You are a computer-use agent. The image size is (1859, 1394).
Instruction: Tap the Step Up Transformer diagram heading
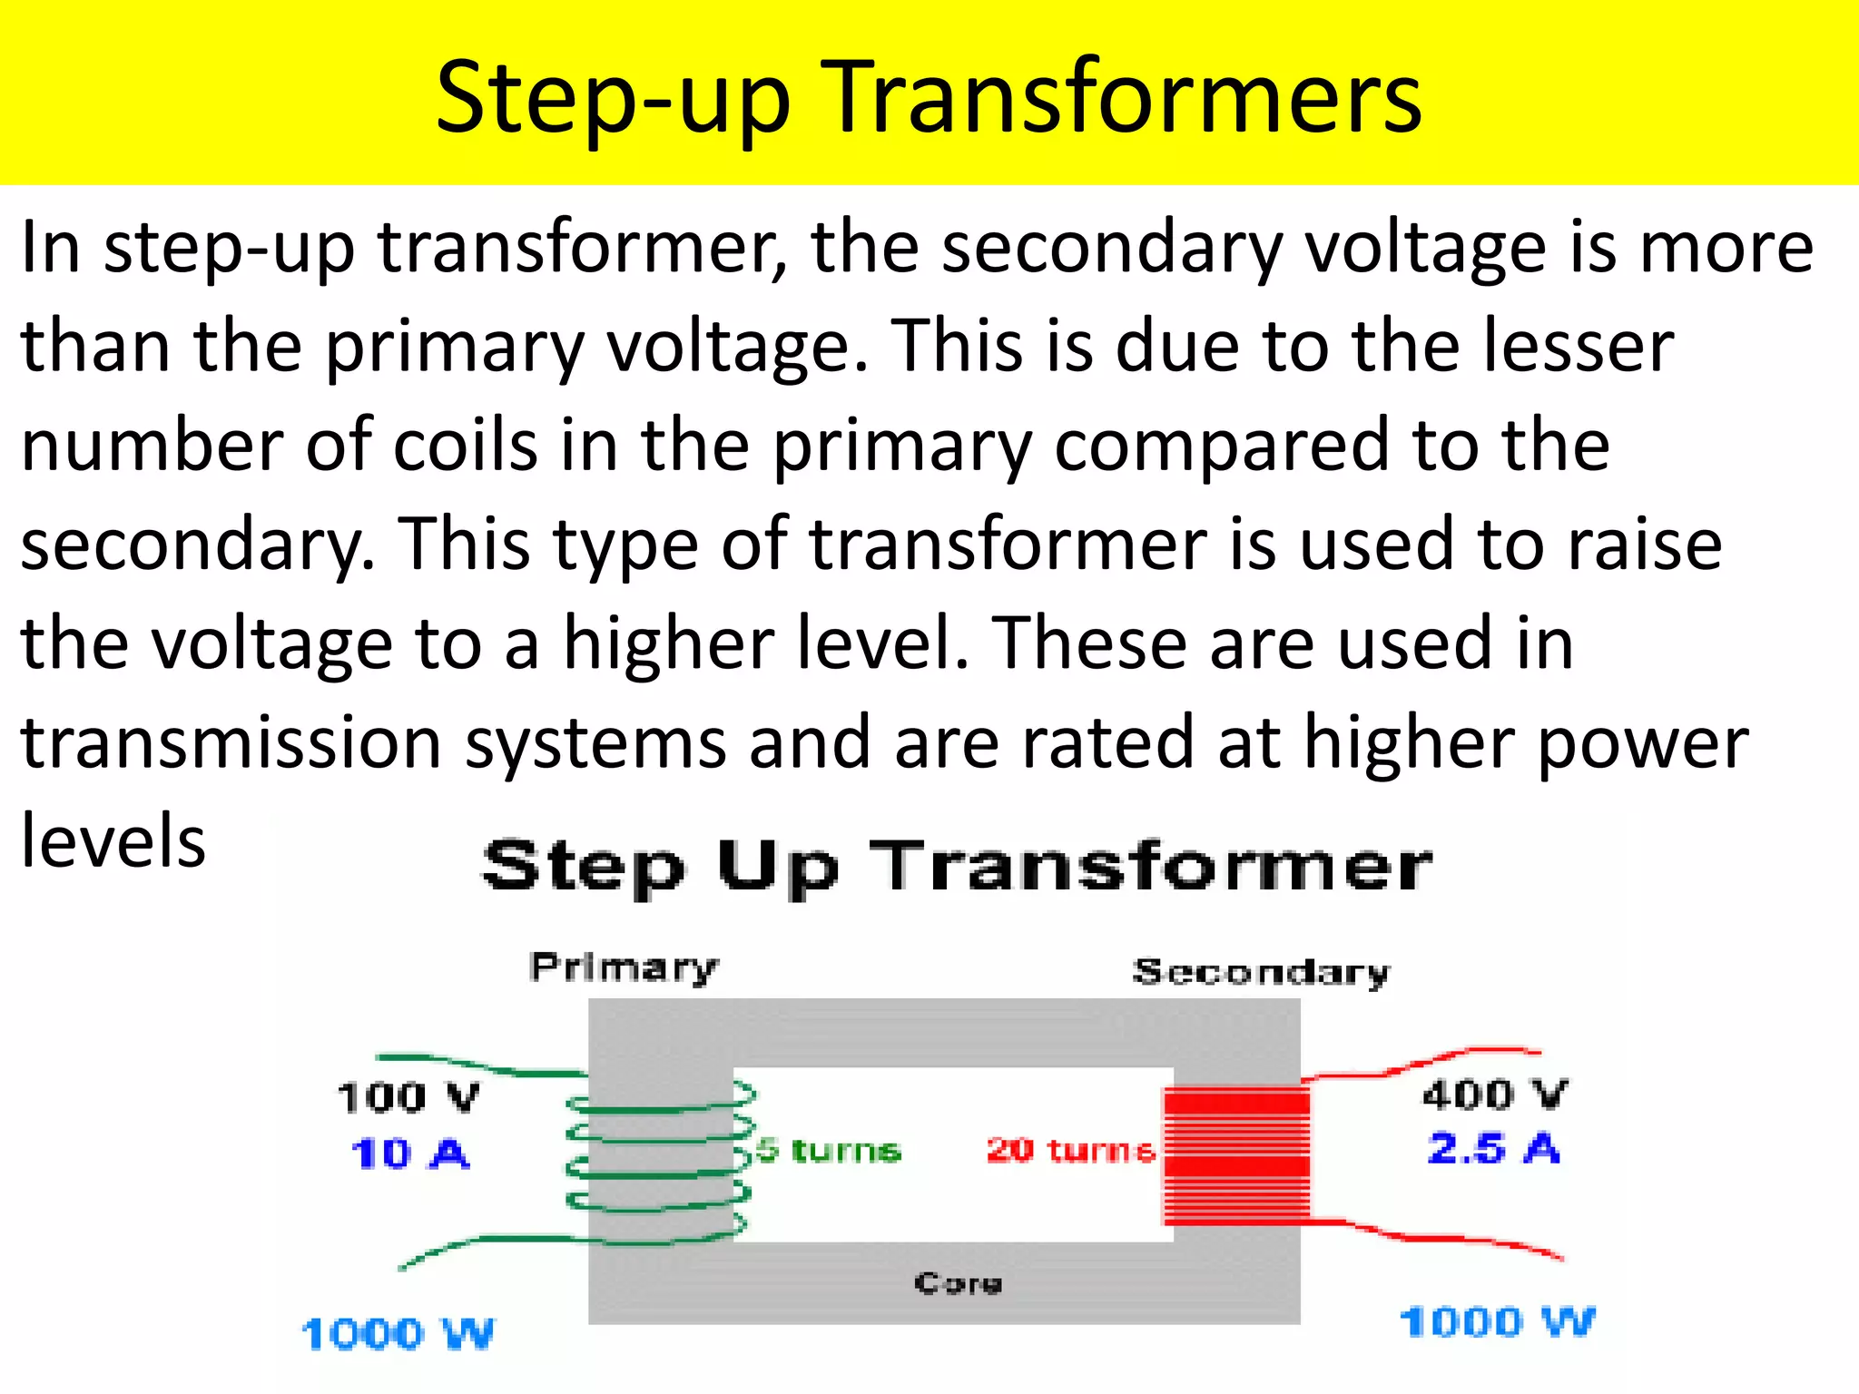tap(957, 866)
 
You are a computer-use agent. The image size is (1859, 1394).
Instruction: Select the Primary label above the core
tap(624, 967)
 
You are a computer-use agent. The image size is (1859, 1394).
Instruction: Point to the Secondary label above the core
tap(1261, 972)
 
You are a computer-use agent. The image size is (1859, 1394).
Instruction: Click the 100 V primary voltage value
tap(408, 1096)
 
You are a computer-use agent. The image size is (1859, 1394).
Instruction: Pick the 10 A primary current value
tap(410, 1153)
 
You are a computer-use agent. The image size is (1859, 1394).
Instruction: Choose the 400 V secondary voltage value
tap(1494, 1094)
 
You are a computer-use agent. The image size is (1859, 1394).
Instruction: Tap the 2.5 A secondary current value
tap(1493, 1148)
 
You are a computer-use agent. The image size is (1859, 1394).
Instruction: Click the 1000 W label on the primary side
tap(398, 1333)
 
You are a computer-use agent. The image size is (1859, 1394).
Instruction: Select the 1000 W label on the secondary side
tap(1497, 1321)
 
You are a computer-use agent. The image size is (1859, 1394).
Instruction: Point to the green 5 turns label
tap(829, 1150)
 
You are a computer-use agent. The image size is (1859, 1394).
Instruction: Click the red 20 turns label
tap(1071, 1150)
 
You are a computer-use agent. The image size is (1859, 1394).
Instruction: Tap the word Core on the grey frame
tap(959, 1282)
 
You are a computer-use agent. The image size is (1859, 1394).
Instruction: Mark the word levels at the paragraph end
tap(113, 840)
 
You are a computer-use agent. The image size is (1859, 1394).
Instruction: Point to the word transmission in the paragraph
tap(231, 742)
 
